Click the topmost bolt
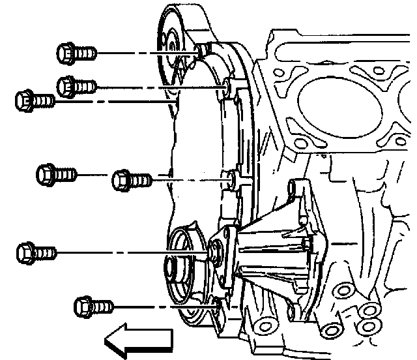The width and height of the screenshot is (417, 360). [77, 51]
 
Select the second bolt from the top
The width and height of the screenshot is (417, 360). [77, 85]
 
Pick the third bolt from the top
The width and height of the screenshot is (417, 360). [34, 101]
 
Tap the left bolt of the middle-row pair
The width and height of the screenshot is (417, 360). [56, 174]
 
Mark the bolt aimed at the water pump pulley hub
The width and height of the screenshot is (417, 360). [36, 250]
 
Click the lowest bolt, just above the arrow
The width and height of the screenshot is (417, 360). [94, 305]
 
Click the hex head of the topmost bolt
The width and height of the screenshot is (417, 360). [67, 51]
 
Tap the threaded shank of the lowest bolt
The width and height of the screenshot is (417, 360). [103, 305]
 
